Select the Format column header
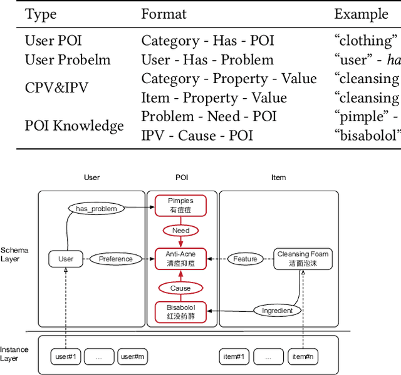coord(164,14)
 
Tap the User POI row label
coord(53,41)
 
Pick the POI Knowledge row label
coord(74,126)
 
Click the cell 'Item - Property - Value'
coord(214,98)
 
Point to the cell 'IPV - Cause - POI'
coord(197,136)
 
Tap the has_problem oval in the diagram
coord(96,209)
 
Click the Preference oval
coord(115,259)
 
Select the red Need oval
coord(180,231)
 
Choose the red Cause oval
coord(180,288)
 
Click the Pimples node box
coord(180,206)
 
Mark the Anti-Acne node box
coord(180,259)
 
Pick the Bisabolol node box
coord(180,312)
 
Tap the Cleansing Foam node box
coord(303,259)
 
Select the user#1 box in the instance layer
coord(65,357)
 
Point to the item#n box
coord(303,357)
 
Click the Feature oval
coord(245,259)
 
